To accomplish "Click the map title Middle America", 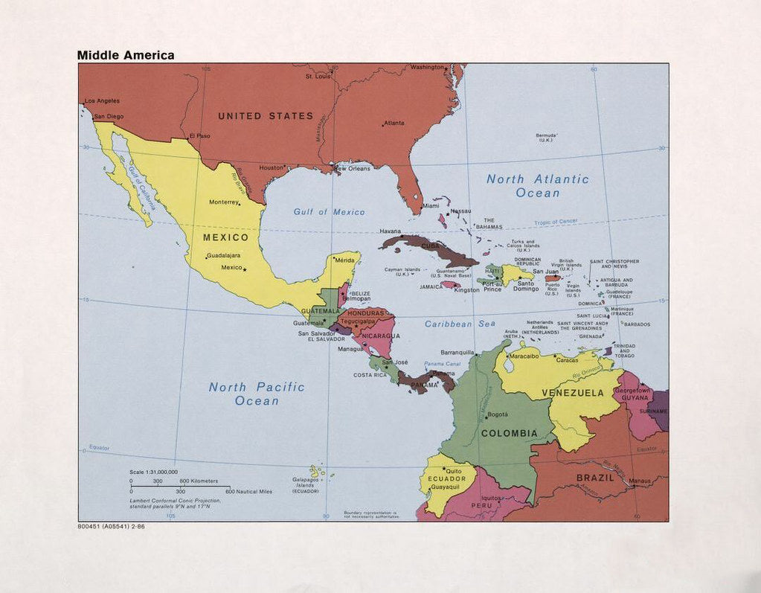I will coord(126,55).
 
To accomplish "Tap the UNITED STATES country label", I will coord(266,116).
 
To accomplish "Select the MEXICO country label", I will coord(225,237).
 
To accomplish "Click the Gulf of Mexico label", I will coord(329,212).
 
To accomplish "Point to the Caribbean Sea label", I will coord(460,324).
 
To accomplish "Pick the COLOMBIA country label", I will coord(509,433).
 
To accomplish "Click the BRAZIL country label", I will coord(596,478).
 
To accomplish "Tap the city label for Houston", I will coord(271,167).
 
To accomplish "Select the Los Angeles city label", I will coord(102,100).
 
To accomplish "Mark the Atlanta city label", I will coord(394,123).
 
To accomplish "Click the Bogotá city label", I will coord(498,414).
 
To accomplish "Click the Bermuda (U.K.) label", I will coord(549,138).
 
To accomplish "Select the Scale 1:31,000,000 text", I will coord(153,472).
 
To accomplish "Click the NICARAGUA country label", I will coord(381,336).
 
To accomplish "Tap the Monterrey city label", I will coord(223,202).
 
